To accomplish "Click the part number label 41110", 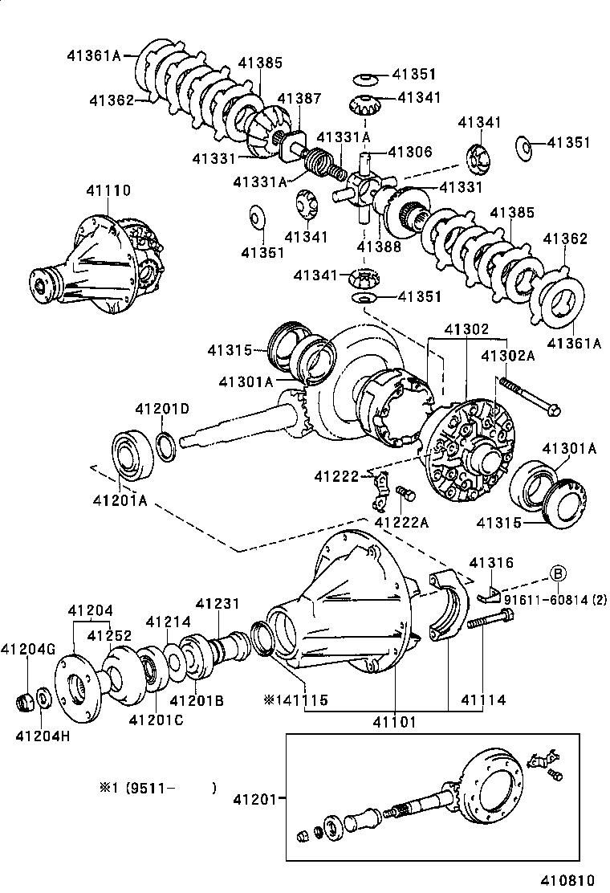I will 108,190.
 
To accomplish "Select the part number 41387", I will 299,99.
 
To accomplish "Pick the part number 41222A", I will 401,523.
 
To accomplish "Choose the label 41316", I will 491,563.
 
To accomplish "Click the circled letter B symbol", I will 558,573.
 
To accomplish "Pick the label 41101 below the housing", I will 394,722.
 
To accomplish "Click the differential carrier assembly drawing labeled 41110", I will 96,261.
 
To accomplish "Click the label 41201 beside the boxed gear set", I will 254,799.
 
